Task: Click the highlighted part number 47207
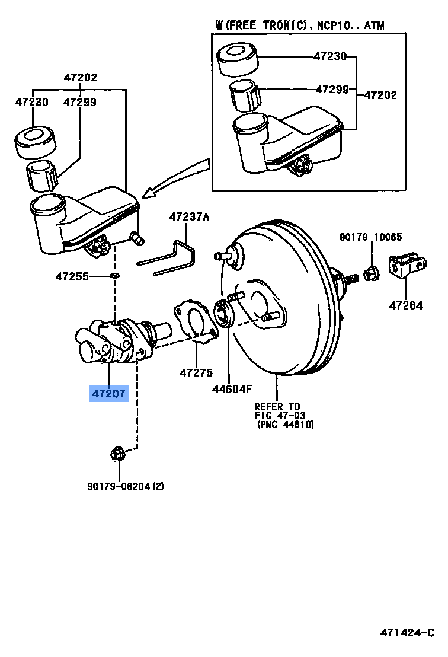[x=108, y=393]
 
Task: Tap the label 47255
[x=72, y=276]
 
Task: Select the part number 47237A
[x=189, y=217]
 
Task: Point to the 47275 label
[x=196, y=372]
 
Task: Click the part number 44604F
[x=232, y=390]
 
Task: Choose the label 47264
[x=406, y=306]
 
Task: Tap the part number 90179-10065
[x=370, y=237]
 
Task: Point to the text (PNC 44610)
[x=285, y=425]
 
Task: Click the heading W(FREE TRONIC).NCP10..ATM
[x=299, y=25]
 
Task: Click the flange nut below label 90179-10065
[x=371, y=272]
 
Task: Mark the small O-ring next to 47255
[x=114, y=276]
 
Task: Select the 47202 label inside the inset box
[x=380, y=94]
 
